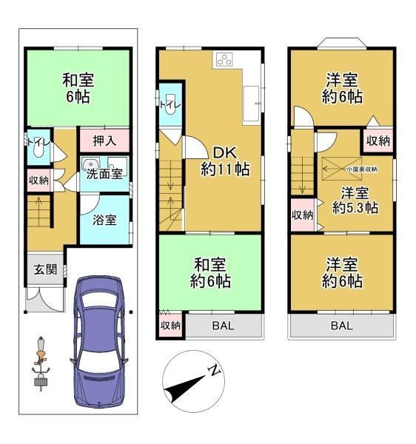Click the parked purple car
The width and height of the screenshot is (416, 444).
coord(98,341)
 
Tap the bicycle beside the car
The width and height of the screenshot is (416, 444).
coord(41,363)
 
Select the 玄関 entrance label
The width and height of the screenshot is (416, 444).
coord(45,269)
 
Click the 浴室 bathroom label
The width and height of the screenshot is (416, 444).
coord(104,220)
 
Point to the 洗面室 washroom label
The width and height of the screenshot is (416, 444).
coord(104,174)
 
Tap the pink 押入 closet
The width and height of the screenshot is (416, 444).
coord(104,141)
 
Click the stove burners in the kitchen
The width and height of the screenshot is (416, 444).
coord(224,59)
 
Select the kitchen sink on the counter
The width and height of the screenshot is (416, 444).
coord(251,104)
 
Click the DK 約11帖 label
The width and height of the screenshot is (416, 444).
coord(225,161)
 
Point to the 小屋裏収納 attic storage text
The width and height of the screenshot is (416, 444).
coord(362,169)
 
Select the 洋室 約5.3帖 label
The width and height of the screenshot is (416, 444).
coord(355,201)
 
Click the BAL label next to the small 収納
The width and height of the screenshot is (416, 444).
coord(223,326)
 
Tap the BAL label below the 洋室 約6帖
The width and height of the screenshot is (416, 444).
coord(342,326)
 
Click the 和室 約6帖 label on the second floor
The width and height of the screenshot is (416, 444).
coord(209,272)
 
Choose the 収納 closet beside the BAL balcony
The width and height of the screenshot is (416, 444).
coord(170,326)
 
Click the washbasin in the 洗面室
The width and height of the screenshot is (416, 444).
coord(90,164)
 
